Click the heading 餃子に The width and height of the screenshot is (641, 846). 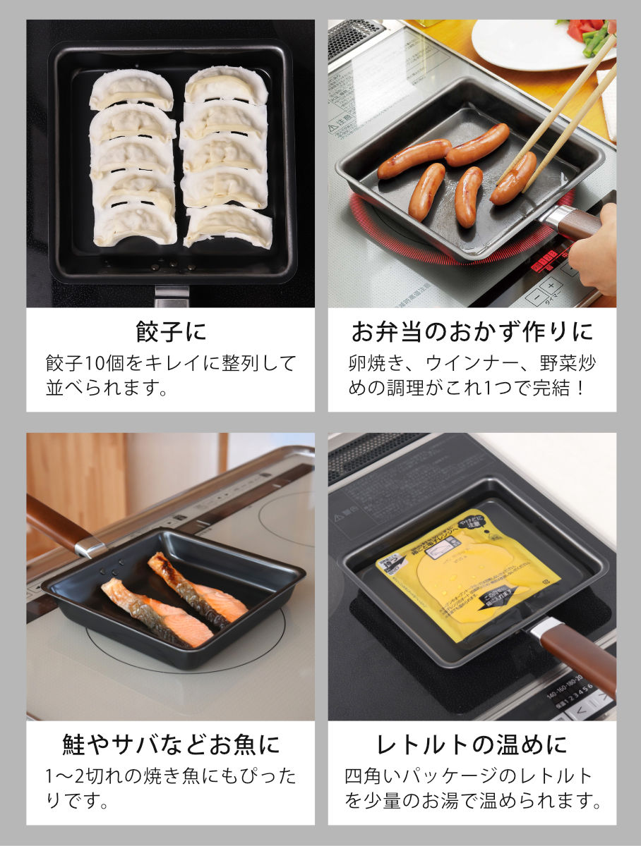tap(170, 332)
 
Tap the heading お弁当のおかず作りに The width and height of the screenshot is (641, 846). tap(472, 332)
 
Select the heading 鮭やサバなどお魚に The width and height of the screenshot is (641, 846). tap(170, 744)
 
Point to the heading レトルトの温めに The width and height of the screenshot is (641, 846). tap(472, 744)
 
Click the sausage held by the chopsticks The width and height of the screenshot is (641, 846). tap(513, 179)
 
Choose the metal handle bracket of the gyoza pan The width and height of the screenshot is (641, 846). tap(172, 295)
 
